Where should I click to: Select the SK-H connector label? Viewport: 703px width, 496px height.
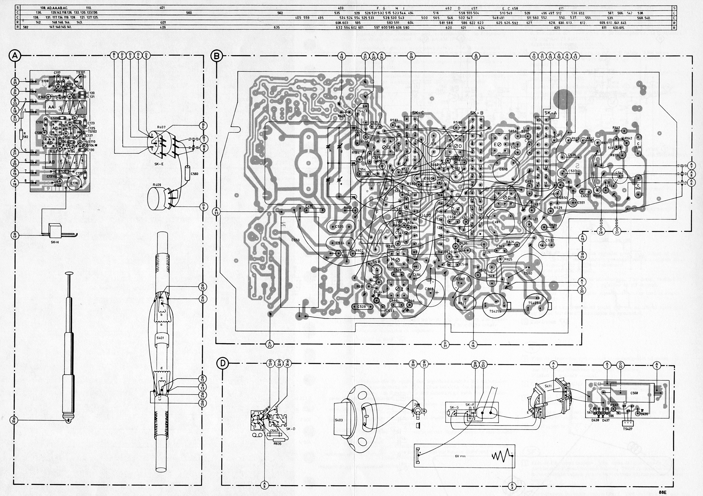(55, 242)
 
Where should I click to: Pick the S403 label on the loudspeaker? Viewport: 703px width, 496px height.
(339, 420)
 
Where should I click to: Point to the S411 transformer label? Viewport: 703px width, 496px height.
(548, 386)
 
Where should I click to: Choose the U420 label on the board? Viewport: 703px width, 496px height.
(426, 215)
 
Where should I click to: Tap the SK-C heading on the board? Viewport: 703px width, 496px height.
(418, 113)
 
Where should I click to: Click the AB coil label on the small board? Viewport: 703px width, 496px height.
(52, 162)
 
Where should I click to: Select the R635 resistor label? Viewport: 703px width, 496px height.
(277, 444)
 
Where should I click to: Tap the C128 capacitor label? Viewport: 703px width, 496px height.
(74, 183)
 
